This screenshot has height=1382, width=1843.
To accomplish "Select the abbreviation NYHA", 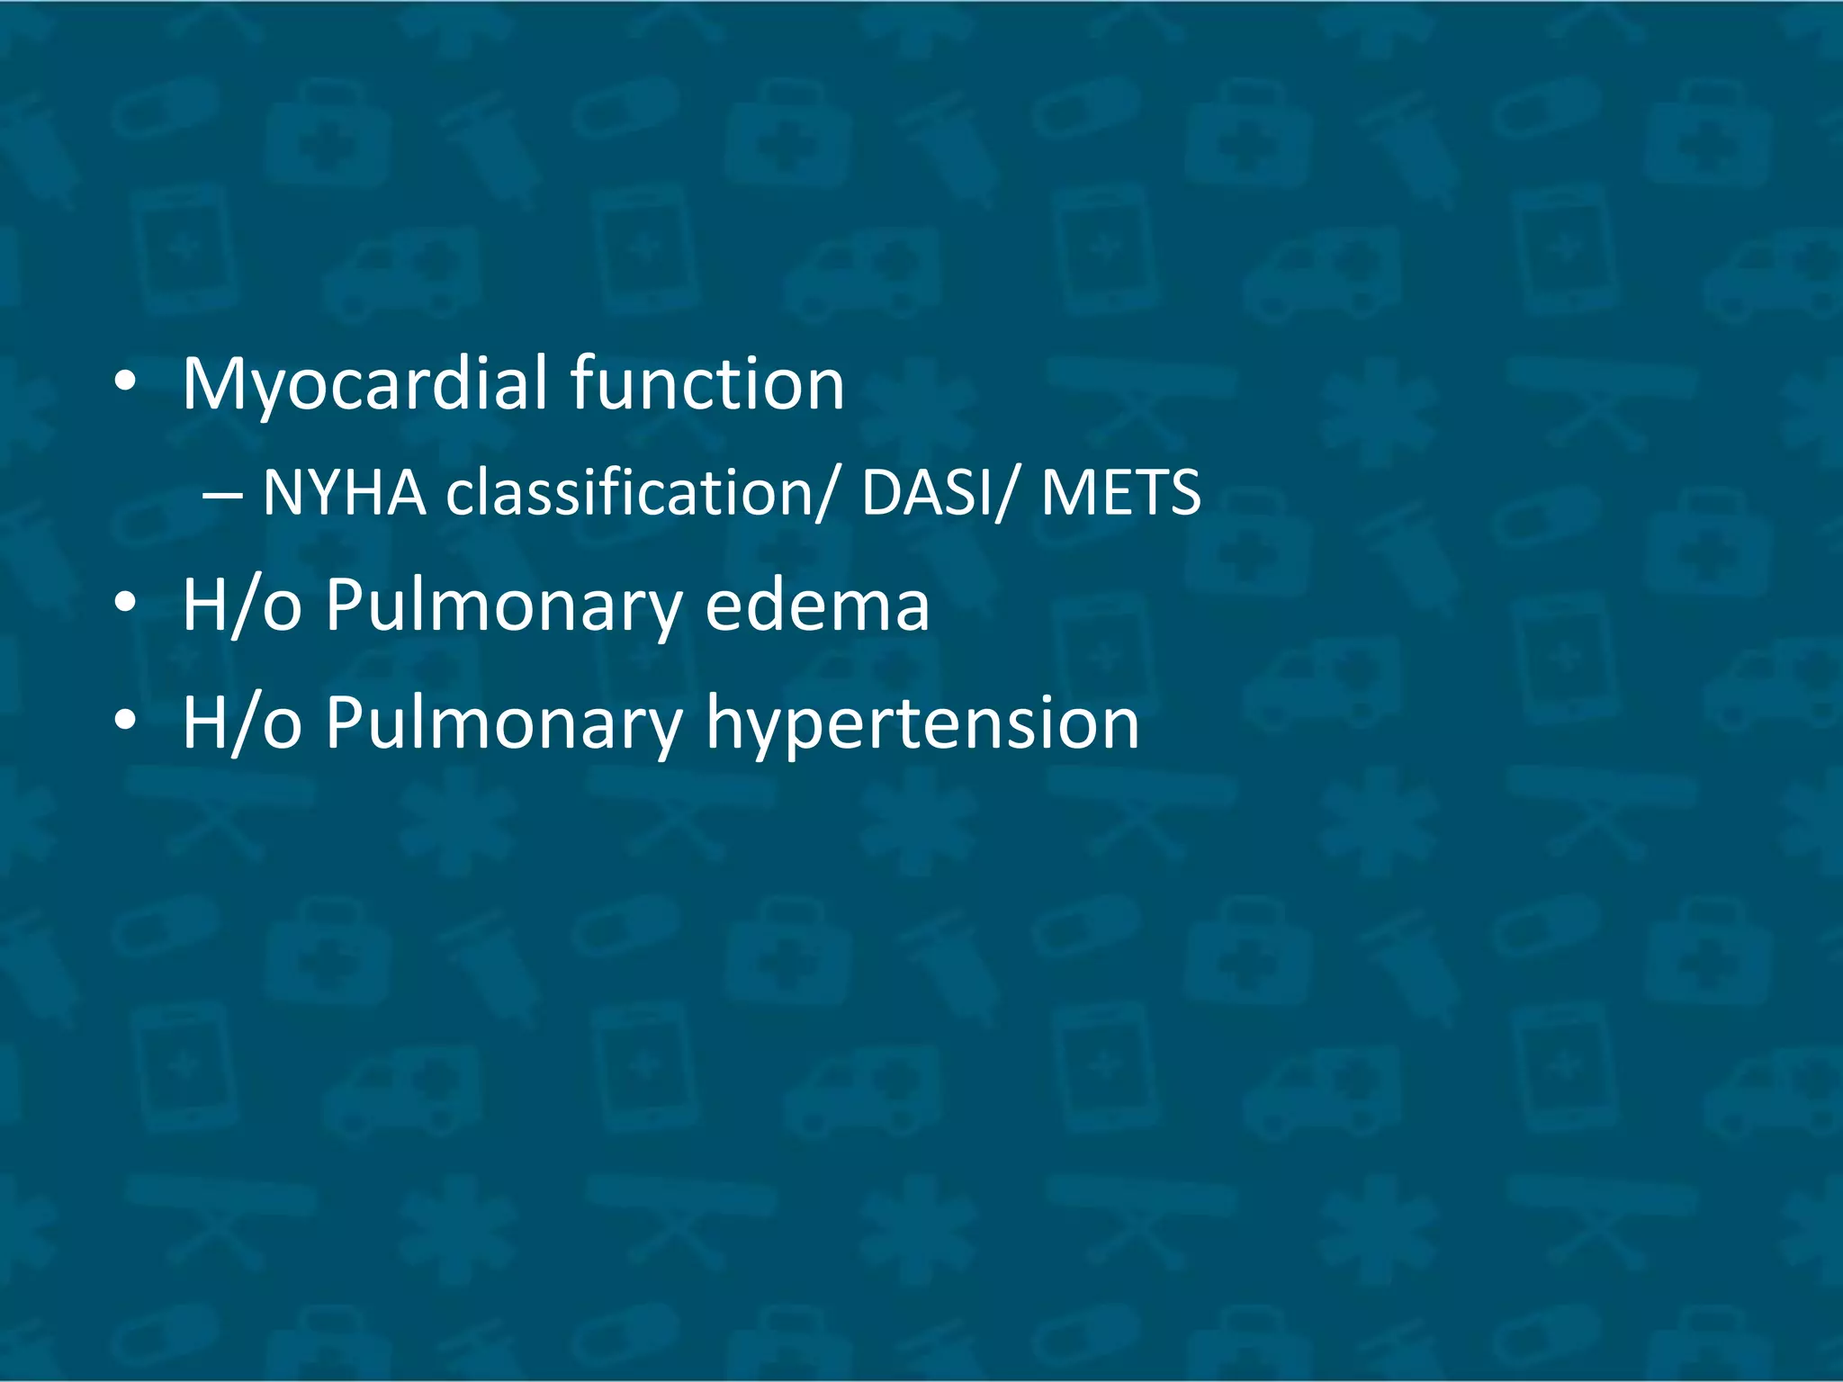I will pos(345,493).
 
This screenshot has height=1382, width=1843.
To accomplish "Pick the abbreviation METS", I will pos(1121,493).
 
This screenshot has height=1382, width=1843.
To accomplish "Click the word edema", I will pos(817,605).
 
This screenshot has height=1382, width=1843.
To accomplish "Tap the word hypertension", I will pos(922,723).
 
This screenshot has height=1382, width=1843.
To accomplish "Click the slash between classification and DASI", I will pos(827,493).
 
